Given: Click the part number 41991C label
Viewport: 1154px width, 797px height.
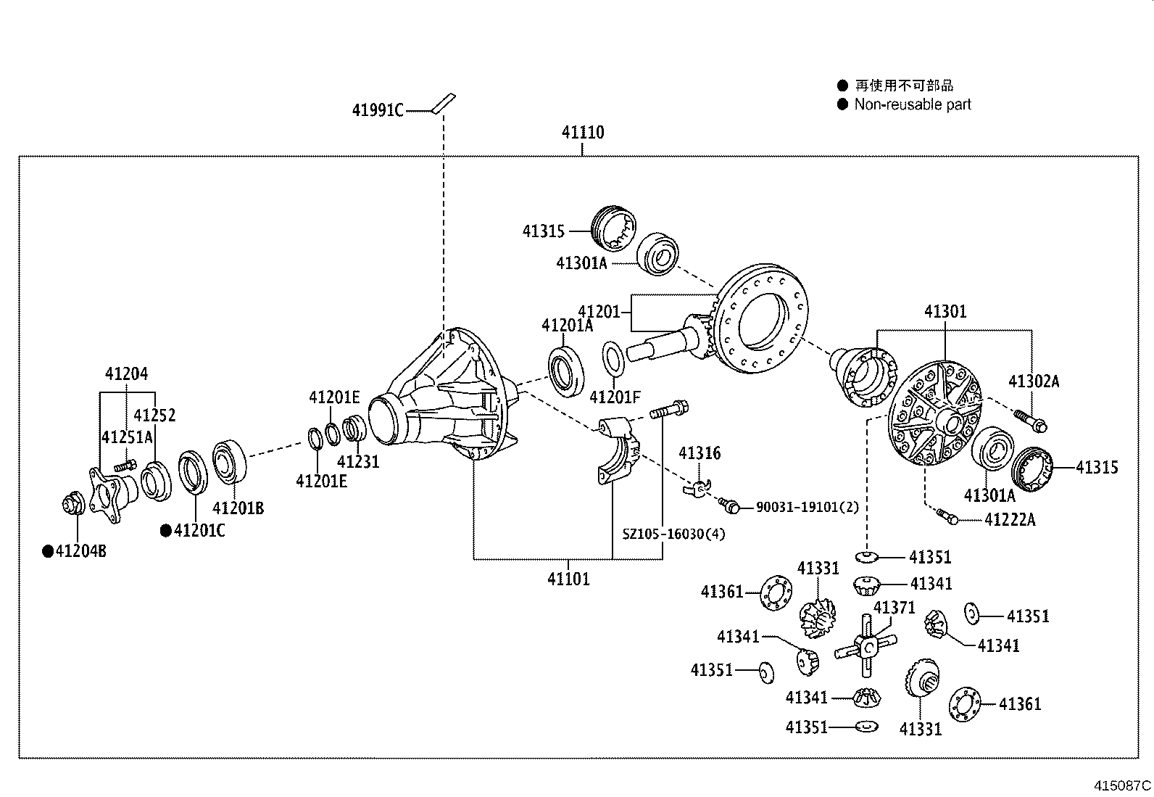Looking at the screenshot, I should coord(377,110).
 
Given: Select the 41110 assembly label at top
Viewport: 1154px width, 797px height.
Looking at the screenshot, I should coord(582,133).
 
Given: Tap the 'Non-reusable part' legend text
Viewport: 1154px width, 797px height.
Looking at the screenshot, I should coord(912,104).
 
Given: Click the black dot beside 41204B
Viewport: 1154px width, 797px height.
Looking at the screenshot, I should coord(49,552).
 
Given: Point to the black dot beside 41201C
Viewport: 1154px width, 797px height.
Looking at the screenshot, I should coord(166,531).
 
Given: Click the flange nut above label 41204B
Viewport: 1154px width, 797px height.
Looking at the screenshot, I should coord(73,503).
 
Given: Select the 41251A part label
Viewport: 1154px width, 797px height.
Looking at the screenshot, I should coord(127,437).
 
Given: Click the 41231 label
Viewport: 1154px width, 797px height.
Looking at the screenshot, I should coord(358,461).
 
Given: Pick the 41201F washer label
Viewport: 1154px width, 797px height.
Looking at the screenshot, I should coord(615,397).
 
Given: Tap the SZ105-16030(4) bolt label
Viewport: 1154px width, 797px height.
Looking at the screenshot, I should coord(673,534).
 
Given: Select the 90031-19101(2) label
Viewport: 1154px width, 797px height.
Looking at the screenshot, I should coord(807,507).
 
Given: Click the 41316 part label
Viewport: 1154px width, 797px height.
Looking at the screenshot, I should coord(700,453).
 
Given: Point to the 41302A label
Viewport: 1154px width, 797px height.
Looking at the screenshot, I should coord(1034,381).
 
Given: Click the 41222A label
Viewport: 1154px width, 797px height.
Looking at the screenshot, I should coord(1010,519).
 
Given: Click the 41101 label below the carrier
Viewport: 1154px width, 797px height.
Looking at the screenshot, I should coord(568,579).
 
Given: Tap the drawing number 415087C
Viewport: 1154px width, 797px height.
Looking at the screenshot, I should coord(1122,785).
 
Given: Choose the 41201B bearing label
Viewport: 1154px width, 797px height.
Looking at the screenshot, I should coord(238,508).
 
